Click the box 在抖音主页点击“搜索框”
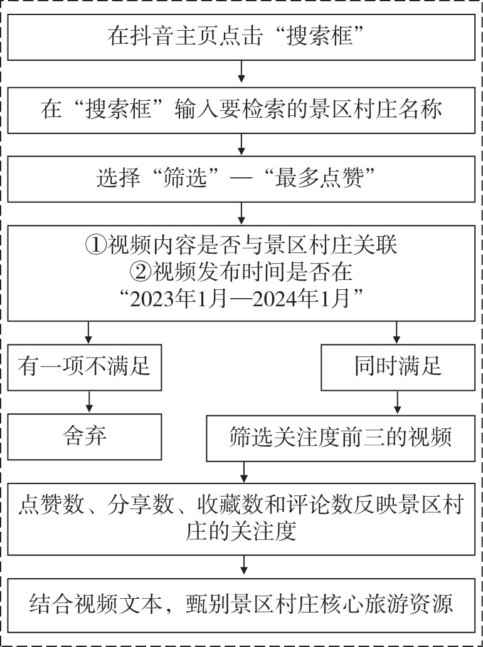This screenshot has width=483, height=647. click(x=242, y=37)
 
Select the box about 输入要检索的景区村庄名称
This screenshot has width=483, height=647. click(x=242, y=110)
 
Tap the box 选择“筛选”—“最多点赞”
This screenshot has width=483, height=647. click(x=242, y=179)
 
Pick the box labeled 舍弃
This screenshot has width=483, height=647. click(x=84, y=437)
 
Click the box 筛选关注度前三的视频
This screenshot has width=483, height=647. click(x=341, y=438)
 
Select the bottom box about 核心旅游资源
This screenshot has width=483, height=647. click(x=242, y=604)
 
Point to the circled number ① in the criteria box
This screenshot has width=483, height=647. click(x=95, y=247)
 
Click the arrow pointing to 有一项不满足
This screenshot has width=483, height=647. click(x=88, y=333)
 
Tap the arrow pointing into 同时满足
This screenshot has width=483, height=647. click(x=396, y=333)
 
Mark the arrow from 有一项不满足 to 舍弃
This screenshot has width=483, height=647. click(x=88, y=402)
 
